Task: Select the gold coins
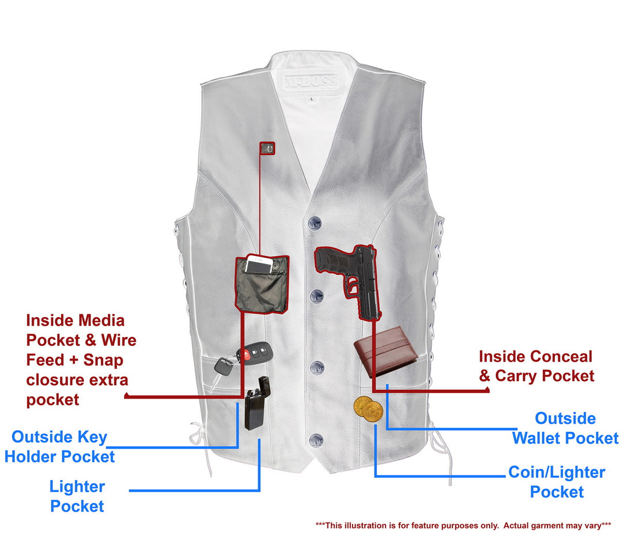369,408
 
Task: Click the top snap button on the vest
315,224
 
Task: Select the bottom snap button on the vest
316,441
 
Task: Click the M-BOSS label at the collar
310,81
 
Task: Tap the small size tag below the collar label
312,99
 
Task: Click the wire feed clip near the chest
267,148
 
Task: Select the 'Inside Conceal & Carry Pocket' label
536,366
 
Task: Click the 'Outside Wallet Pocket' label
565,428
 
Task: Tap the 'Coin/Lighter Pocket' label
557,482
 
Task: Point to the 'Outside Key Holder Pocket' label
59,446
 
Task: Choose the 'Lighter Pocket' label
77,496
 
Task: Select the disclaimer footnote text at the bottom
463,526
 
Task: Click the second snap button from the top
317,296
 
